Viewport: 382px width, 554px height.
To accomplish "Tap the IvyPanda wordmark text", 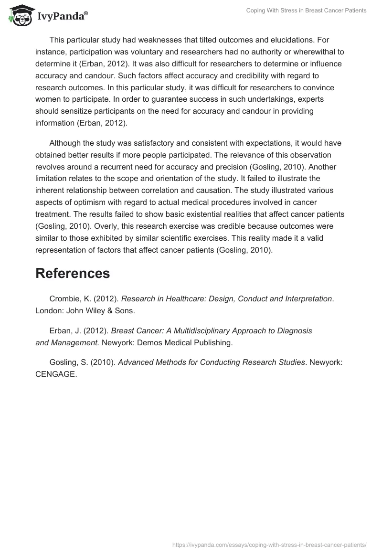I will tap(62, 17).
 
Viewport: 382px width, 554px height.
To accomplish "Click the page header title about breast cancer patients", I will tap(306, 11).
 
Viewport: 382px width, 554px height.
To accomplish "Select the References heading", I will tap(73, 273).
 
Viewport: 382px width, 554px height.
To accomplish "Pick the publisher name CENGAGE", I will tap(55, 374).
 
